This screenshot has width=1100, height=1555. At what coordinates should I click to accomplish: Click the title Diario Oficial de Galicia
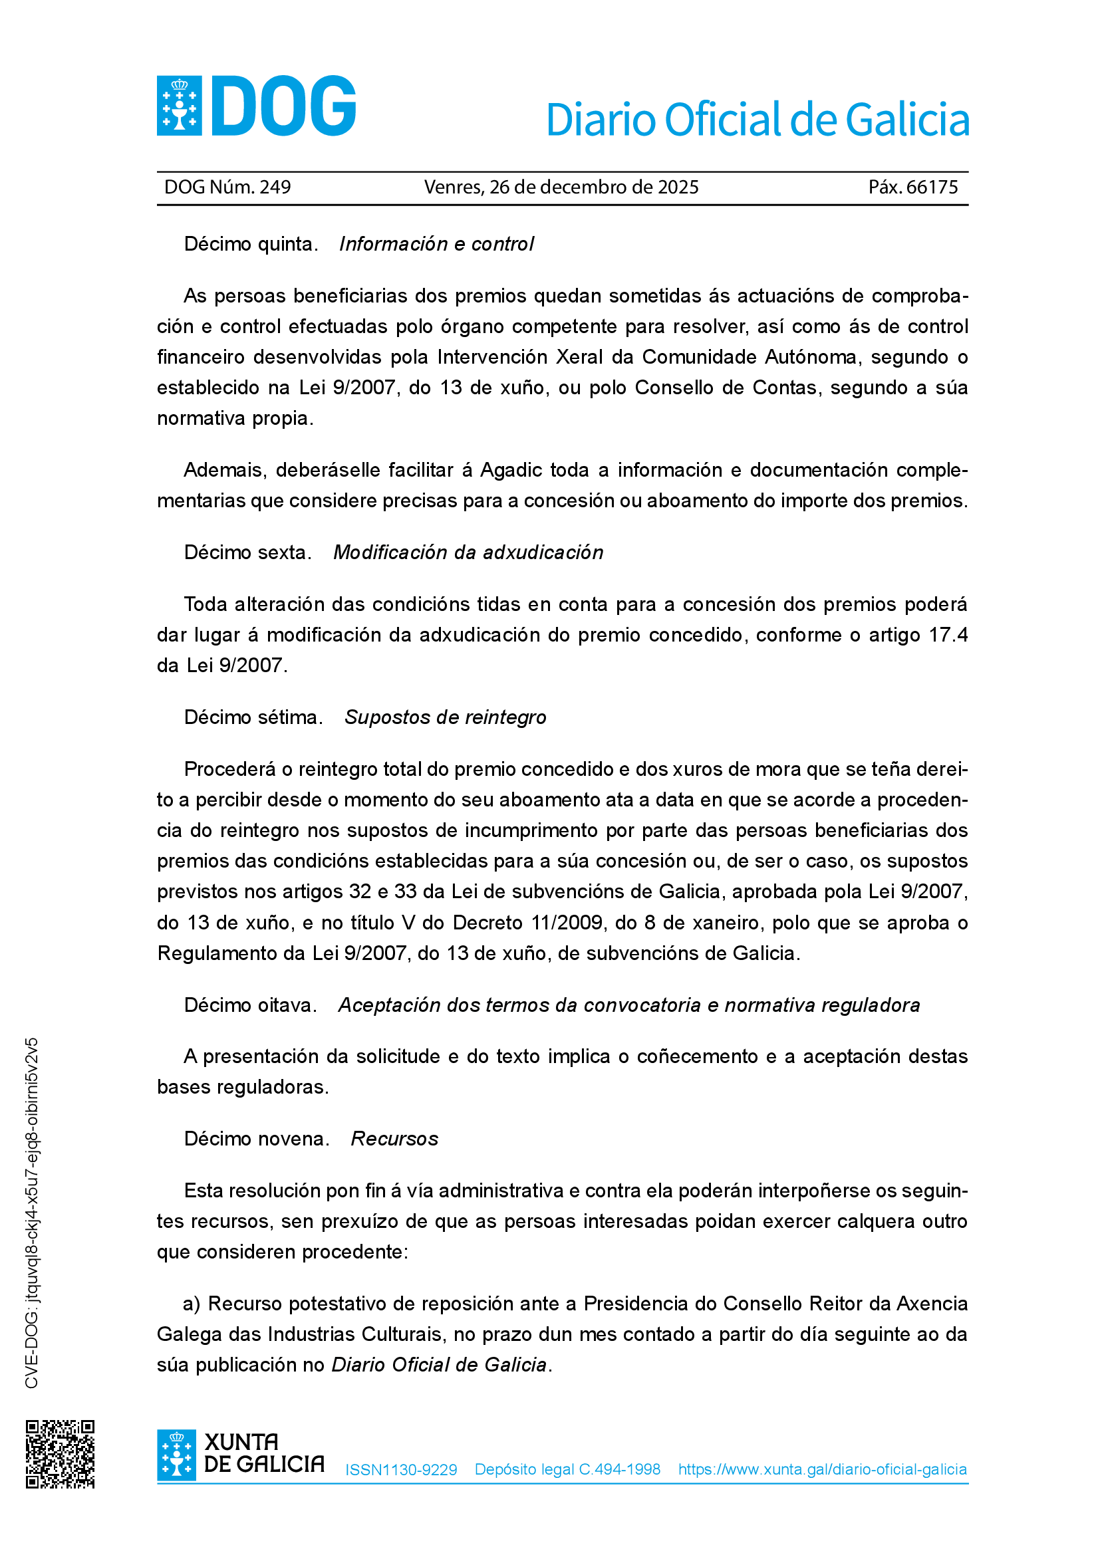pyautogui.click(x=757, y=120)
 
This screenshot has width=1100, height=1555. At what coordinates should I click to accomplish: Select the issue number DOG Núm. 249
pyautogui.click(x=227, y=187)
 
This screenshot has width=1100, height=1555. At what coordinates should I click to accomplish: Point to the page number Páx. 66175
pyautogui.click(x=913, y=187)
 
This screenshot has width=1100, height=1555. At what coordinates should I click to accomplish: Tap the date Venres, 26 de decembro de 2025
pyautogui.click(x=561, y=187)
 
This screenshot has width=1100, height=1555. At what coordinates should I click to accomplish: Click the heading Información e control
pyautogui.click(x=436, y=244)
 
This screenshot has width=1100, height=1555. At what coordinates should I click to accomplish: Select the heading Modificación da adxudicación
pyautogui.click(x=468, y=552)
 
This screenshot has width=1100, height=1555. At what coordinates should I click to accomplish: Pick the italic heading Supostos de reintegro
pyautogui.click(x=445, y=717)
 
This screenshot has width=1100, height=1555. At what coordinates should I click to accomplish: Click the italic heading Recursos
pyautogui.click(x=394, y=1139)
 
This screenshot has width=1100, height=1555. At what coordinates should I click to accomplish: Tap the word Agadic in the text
pyautogui.click(x=511, y=470)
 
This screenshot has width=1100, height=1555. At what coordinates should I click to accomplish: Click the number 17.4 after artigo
pyautogui.click(x=948, y=636)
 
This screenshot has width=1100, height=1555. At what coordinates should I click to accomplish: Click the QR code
pyautogui.click(x=61, y=1454)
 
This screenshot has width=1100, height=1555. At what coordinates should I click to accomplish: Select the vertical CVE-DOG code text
pyautogui.click(x=32, y=1213)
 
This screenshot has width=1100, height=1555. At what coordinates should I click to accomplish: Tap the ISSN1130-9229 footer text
pyautogui.click(x=401, y=1470)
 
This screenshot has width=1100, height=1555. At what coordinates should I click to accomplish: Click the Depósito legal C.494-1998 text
pyautogui.click(x=567, y=1470)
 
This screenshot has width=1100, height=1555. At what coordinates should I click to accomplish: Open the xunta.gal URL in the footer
pyautogui.click(x=822, y=1470)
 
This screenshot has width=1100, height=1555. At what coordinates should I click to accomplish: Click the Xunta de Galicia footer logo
pyautogui.click(x=241, y=1454)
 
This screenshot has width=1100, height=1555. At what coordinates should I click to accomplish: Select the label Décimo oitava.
pyautogui.click(x=250, y=1005)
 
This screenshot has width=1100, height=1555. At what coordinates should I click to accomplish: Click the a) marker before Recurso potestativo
pyautogui.click(x=191, y=1304)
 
